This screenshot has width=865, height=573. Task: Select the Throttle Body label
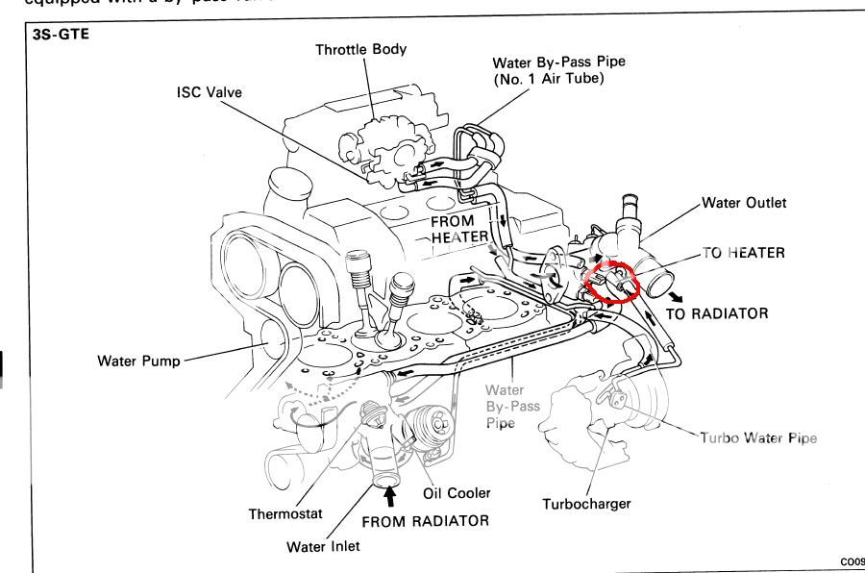pos(361,50)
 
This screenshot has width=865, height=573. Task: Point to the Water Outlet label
pos(744,203)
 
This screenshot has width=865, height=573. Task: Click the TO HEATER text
pos(743,253)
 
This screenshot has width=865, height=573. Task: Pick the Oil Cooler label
pos(457,493)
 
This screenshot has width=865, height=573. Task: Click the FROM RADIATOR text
pos(425,521)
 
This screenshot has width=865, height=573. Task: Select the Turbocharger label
pos(585,504)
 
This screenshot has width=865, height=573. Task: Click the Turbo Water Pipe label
pos(758,437)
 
